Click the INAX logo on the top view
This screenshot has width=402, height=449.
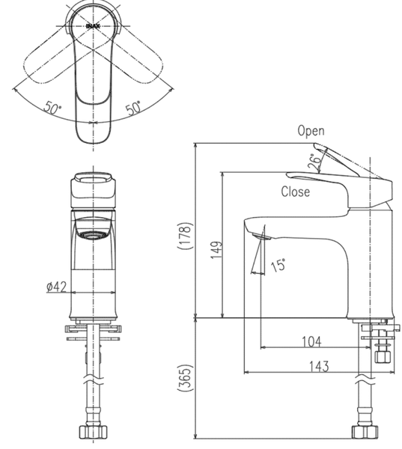(x=93, y=26)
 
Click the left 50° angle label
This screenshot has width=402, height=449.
(x=52, y=108)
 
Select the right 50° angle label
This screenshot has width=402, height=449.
(x=133, y=109)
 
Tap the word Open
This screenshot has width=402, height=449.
(x=311, y=130)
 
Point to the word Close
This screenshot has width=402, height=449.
(x=296, y=192)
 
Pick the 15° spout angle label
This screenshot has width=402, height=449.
(x=278, y=265)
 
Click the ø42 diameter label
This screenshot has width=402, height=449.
(x=56, y=287)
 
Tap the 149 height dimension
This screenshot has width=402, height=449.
(x=216, y=250)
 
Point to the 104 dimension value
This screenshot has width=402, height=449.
(x=311, y=342)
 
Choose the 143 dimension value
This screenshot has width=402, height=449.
(x=319, y=366)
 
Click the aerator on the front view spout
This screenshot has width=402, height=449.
(x=93, y=235)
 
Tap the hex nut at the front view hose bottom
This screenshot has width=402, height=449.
(x=93, y=433)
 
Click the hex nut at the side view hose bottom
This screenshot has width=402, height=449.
(x=365, y=433)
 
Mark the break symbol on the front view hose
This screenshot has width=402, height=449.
(x=93, y=379)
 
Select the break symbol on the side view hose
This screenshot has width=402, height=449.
(x=365, y=379)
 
